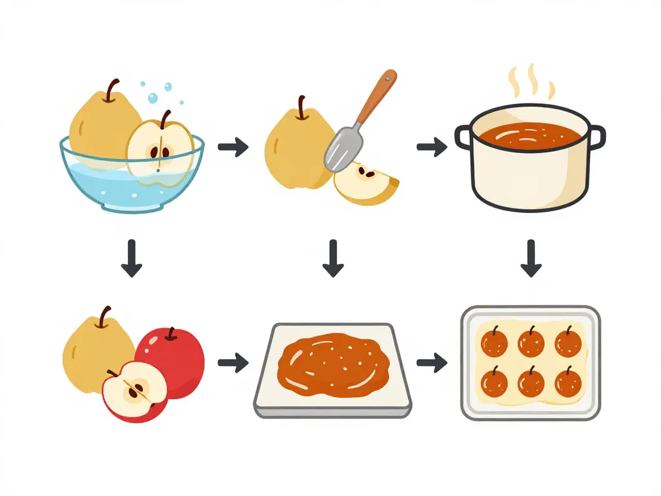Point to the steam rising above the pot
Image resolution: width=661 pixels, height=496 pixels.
[531, 82]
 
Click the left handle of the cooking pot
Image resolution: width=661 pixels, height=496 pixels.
[463, 137]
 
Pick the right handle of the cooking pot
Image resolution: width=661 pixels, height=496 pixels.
[597, 137]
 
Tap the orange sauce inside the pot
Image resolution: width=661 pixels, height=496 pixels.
[530, 134]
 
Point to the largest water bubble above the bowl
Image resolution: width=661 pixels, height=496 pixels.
[153, 98]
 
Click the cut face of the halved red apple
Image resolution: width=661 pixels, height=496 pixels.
[134, 390]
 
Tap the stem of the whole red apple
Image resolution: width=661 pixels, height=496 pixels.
[171, 333]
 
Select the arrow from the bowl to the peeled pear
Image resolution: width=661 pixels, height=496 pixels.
[233, 148]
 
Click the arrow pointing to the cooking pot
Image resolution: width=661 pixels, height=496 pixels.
[432, 148]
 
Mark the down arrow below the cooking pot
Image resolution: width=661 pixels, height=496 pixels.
[531, 258]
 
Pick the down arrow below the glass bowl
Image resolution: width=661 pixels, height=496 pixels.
[132, 258]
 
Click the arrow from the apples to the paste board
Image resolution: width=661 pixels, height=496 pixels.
[233, 363]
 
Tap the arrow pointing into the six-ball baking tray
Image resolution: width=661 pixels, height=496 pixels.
[432, 363]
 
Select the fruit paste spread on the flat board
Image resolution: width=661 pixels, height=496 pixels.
[332, 365]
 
